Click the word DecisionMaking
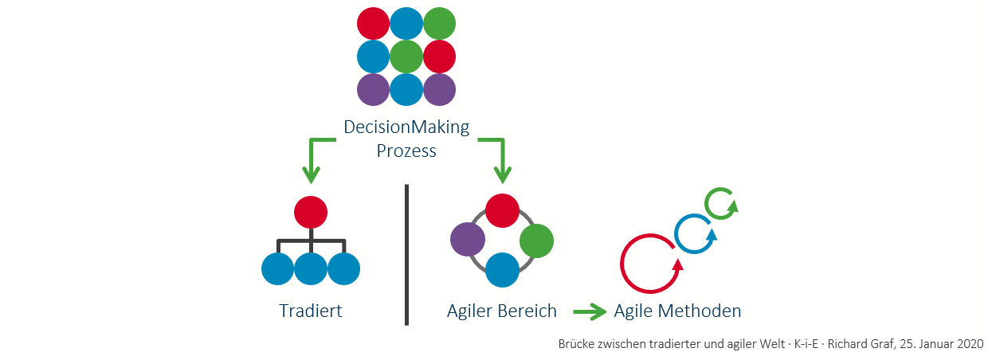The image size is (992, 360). pyautogui.click(x=406, y=127)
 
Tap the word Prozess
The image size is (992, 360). pyautogui.click(x=406, y=151)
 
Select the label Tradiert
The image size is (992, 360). pyautogui.click(x=311, y=311)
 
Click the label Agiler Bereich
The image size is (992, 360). pyautogui.click(x=502, y=311)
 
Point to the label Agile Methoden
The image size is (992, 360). pyautogui.click(x=677, y=311)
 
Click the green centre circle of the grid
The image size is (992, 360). pyautogui.click(x=406, y=57)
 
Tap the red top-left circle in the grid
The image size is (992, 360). pyautogui.click(x=373, y=23)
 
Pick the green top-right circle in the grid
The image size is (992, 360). pyautogui.click(x=439, y=23)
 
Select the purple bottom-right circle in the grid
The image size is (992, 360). pyautogui.click(x=439, y=89)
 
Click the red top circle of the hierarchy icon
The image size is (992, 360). pyautogui.click(x=311, y=212)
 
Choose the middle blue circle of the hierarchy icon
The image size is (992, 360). pyautogui.click(x=311, y=268)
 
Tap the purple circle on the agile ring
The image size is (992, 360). pyautogui.click(x=468, y=241)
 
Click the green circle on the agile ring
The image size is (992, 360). pyautogui.click(x=536, y=241)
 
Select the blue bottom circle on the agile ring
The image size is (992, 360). pyautogui.click(x=502, y=269)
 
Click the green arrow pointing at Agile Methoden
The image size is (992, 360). pyautogui.click(x=590, y=311)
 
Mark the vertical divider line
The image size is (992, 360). pyautogui.click(x=406, y=255)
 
